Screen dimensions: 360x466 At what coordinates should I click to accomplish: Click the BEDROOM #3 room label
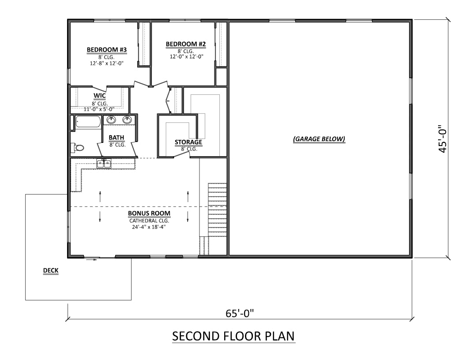tap(107, 50)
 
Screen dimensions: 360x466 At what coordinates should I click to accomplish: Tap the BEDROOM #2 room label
tap(186, 44)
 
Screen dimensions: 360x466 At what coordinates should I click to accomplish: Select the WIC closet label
tap(99, 96)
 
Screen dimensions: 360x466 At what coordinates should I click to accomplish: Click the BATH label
tap(117, 138)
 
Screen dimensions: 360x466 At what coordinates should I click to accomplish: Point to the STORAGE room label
tap(188, 142)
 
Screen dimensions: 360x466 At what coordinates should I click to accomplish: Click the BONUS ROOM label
tap(149, 214)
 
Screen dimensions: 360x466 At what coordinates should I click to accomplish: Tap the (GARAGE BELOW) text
tap(319, 139)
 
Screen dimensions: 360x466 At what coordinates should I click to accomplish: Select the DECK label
tap(51, 271)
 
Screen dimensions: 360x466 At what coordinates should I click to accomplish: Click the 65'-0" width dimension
tap(241, 314)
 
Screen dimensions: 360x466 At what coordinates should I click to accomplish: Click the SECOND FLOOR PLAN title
tap(233, 337)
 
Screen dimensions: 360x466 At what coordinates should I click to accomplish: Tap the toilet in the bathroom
tap(78, 147)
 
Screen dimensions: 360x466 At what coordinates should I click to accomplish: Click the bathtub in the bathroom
tap(88, 122)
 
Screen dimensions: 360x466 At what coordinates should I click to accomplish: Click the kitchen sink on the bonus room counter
tap(105, 164)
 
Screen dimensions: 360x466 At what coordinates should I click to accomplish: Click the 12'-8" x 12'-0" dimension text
tap(107, 63)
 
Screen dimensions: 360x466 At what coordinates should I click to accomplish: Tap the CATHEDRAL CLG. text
tap(149, 221)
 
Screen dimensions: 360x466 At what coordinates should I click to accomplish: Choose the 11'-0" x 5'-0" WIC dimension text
tap(99, 109)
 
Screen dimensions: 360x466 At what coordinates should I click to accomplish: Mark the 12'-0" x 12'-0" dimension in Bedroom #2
tap(186, 56)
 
